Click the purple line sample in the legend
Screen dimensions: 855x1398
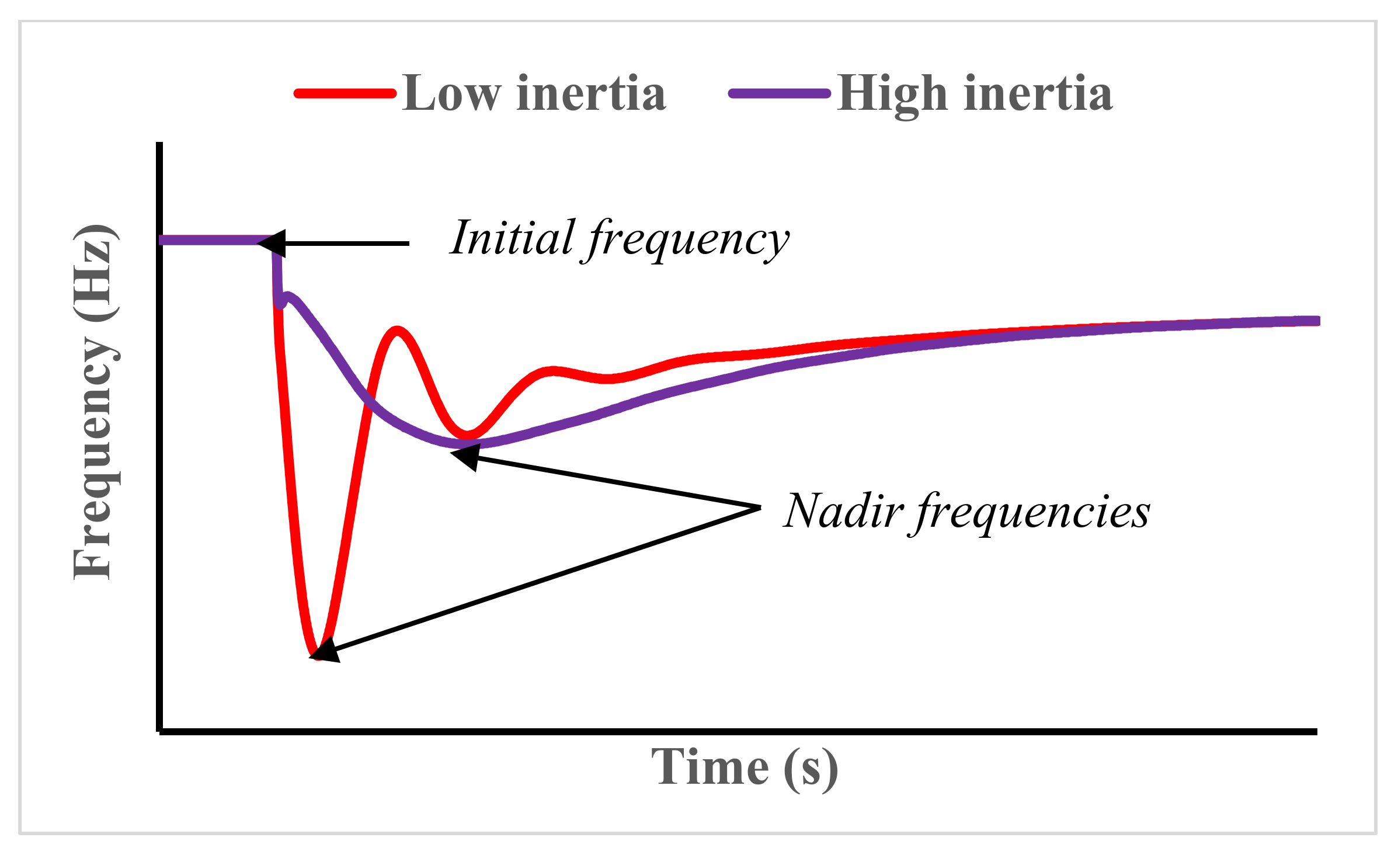780,93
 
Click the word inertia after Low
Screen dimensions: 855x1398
591,93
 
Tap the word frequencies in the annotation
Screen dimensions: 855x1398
1031,512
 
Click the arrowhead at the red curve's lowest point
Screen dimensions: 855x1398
325,651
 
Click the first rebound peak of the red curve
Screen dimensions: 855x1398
397,331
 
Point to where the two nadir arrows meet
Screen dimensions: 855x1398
759,508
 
